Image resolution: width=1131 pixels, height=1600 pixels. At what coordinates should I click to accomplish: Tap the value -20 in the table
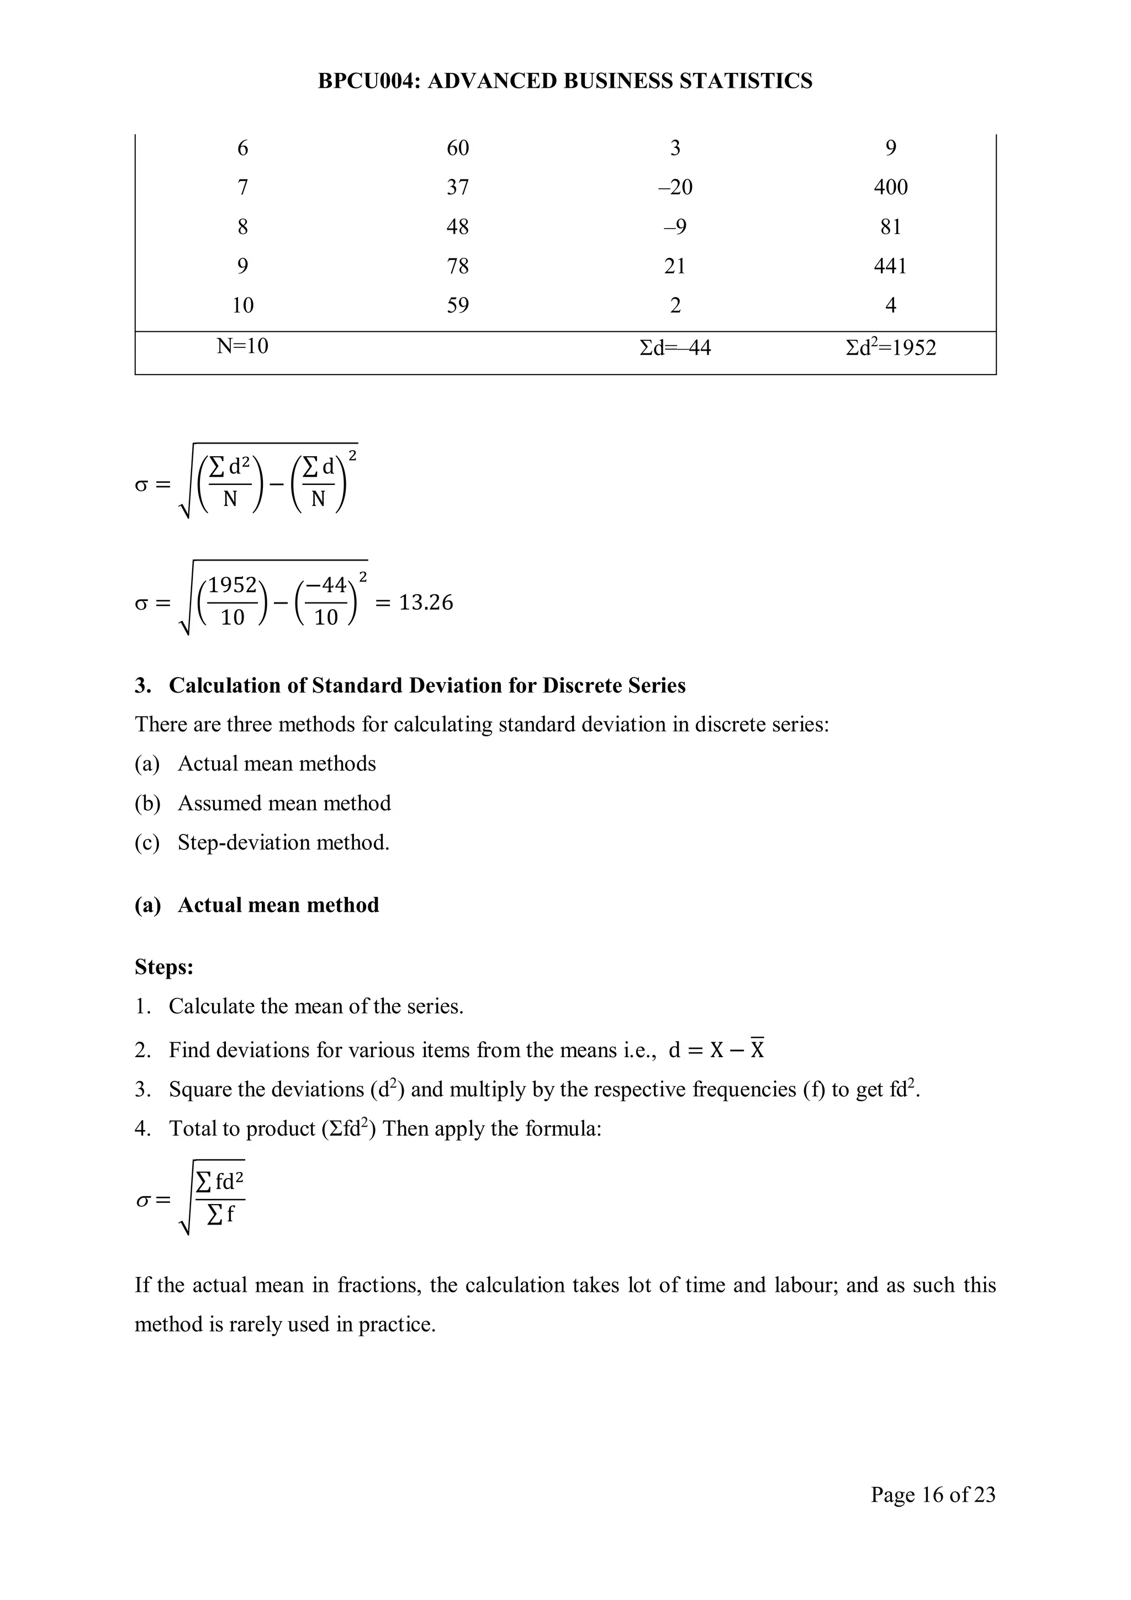coord(674,187)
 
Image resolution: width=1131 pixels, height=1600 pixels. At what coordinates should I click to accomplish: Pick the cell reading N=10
coord(242,346)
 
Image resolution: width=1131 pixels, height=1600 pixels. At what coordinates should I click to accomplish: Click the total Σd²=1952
coord(891,347)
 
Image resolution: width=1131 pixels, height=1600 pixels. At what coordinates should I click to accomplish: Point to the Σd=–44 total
coord(674,347)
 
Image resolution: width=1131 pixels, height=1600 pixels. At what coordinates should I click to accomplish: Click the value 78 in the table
coord(457,266)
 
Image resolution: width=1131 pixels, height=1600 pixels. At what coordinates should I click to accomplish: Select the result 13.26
coord(425,602)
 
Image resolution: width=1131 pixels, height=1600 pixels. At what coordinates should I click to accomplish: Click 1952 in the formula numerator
coord(232,585)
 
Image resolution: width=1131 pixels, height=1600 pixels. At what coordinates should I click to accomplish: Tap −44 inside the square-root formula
coord(325,585)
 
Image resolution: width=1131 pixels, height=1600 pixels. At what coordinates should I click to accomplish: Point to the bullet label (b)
coord(147,804)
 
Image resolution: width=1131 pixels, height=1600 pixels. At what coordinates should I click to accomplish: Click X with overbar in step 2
coord(757,1049)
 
